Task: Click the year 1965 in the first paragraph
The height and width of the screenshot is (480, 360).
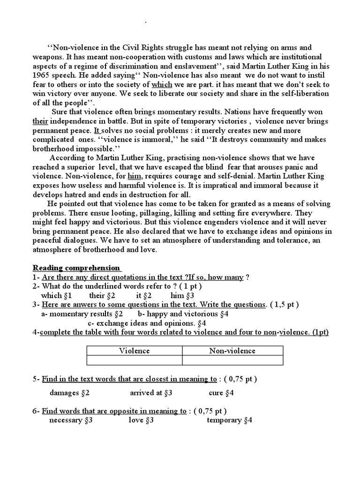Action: pyautogui.click(x=41, y=75)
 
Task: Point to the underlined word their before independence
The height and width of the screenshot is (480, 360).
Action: pyautogui.click(x=40, y=121)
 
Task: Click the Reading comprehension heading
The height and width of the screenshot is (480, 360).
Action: pyautogui.click(x=76, y=268)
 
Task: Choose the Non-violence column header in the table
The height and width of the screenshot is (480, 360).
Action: pyautogui.click(x=232, y=351)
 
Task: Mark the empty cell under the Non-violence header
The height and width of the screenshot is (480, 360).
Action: pyautogui.click(x=232, y=360)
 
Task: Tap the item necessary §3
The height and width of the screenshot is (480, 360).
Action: pyautogui.click(x=71, y=420)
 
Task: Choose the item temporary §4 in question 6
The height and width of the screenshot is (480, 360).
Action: pyautogui.click(x=229, y=420)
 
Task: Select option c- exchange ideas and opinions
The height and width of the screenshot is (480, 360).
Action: pyautogui.click(x=147, y=323)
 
